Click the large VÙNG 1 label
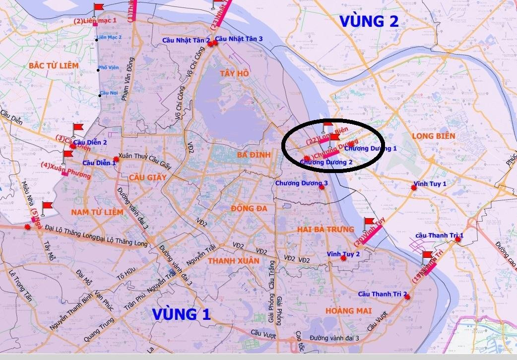click(x=182, y=314)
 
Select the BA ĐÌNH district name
click(x=253, y=155)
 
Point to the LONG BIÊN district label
click(x=431, y=135)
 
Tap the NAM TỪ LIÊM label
click(x=96, y=212)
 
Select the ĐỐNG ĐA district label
click(x=249, y=208)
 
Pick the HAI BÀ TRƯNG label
click(x=325, y=229)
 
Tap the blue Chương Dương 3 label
click(x=302, y=183)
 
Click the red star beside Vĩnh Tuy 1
click(x=414, y=187)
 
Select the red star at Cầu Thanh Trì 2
click(x=408, y=298)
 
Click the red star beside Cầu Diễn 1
click(x=116, y=159)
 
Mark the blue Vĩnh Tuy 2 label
click(x=343, y=254)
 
